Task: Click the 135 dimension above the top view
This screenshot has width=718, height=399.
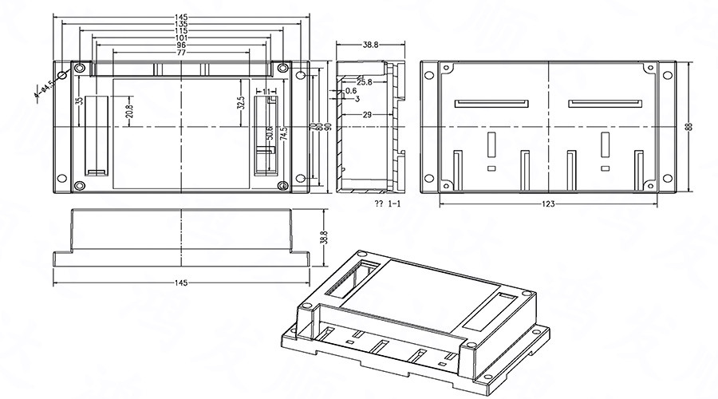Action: click(x=181, y=24)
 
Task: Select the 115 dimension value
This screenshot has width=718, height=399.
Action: click(x=181, y=31)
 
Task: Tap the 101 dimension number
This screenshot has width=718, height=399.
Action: click(x=181, y=38)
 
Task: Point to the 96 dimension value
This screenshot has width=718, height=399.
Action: click(x=181, y=45)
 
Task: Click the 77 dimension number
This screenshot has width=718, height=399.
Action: click(x=181, y=53)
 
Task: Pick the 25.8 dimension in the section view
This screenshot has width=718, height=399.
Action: click(x=364, y=82)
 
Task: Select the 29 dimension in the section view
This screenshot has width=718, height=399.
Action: click(x=367, y=116)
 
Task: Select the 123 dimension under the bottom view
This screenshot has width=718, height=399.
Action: click(x=548, y=204)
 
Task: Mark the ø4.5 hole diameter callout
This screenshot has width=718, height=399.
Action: click(x=42, y=88)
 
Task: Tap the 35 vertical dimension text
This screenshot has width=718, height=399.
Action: click(x=79, y=101)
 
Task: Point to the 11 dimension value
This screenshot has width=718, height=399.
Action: click(x=266, y=92)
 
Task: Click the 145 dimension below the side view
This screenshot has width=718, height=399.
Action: click(x=181, y=283)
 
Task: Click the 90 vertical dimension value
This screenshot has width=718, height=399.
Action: click(x=327, y=127)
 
